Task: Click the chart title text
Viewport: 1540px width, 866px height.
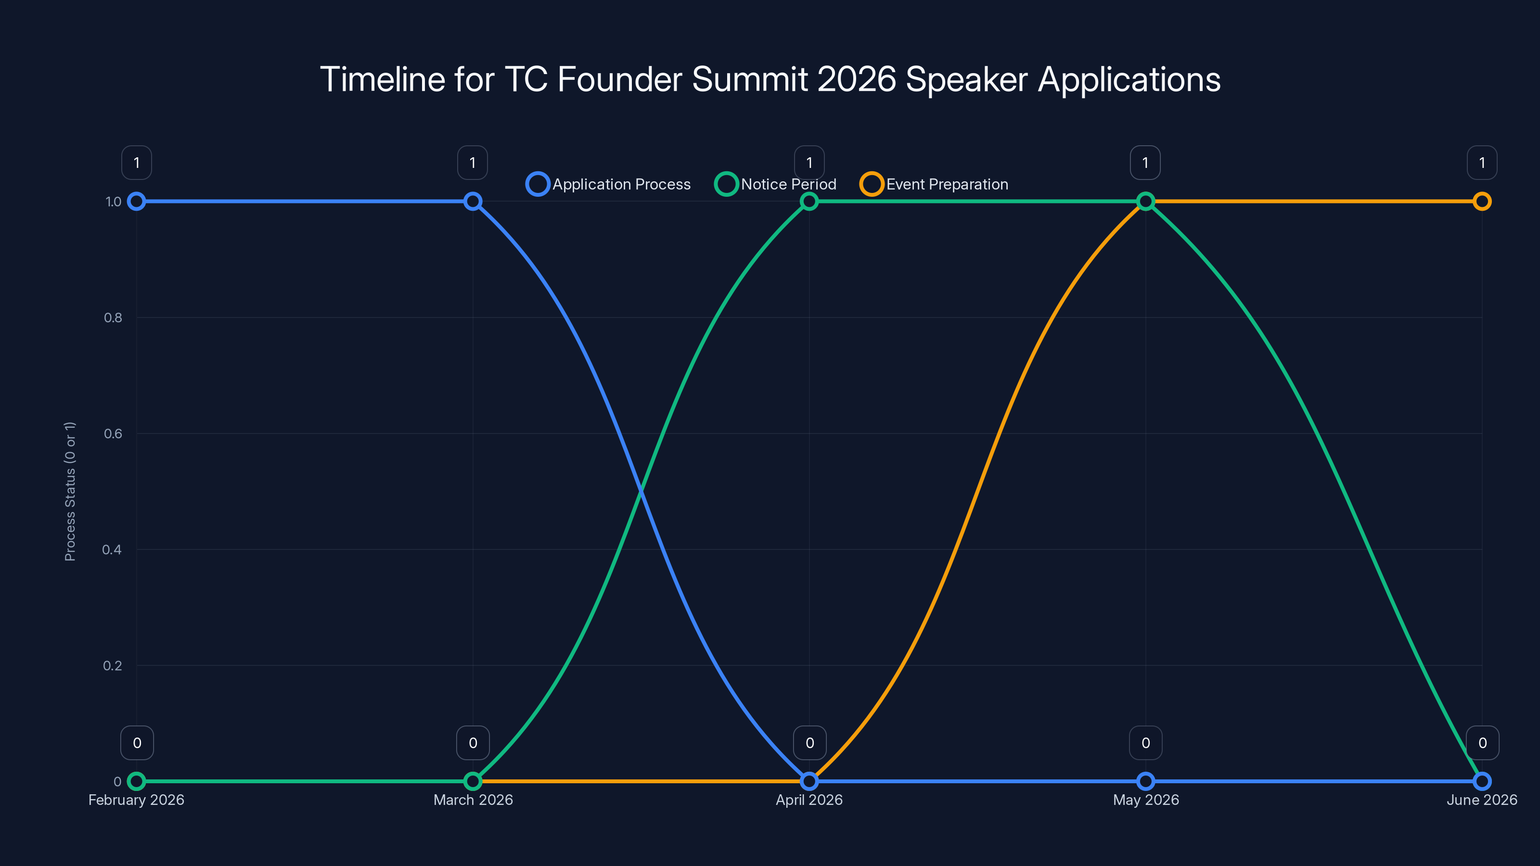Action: [770, 79]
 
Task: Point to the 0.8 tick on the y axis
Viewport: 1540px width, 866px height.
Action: [113, 318]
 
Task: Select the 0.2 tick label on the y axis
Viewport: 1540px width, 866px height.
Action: [113, 665]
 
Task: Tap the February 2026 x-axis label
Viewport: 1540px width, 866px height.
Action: [136, 800]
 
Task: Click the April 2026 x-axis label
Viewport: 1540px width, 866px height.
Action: [809, 800]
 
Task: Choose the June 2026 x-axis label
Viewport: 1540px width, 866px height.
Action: [1481, 800]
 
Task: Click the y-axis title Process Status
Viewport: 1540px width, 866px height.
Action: [70, 491]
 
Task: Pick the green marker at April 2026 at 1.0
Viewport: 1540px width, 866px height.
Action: [809, 202]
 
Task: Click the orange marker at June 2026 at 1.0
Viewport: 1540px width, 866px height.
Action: [1481, 202]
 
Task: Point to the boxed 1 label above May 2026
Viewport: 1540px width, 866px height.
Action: [1145, 163]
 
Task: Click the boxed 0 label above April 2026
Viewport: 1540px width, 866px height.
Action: [809, 743]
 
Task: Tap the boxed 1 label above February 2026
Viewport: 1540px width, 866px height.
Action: [136, 163]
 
